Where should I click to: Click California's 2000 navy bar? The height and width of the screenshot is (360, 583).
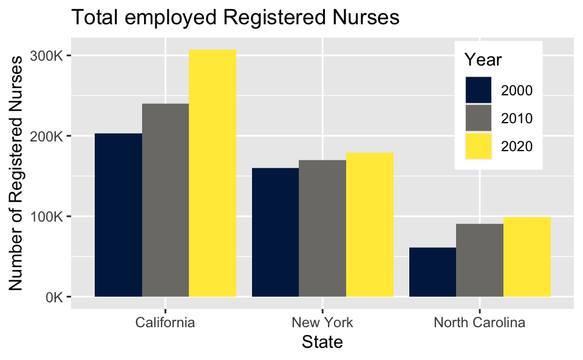[118, 215]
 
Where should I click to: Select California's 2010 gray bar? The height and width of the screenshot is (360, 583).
[165, 200]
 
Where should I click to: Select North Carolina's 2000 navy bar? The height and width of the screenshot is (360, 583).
[432, 272]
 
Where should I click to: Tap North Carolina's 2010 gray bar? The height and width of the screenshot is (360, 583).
[480, 260]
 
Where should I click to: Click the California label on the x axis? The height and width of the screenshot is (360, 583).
[165, 322]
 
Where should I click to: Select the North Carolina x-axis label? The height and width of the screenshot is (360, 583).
[479, 322]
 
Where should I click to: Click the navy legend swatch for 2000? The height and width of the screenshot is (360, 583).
[478, 90]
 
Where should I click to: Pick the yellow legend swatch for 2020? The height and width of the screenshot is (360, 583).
[478, 146]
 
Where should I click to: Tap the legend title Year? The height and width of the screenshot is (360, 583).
[482, 60]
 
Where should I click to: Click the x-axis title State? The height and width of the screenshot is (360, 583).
[322, 342]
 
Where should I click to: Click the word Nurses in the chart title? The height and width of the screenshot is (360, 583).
[367, 17]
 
